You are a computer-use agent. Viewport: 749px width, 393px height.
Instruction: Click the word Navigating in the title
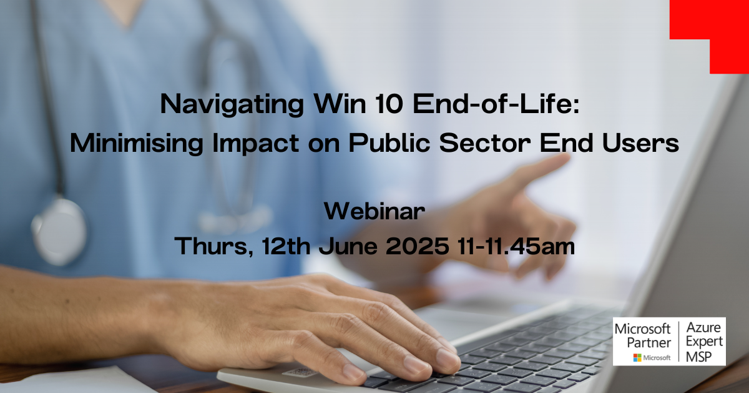click(232, 105)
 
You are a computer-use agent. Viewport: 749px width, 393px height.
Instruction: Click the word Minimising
click(137, 143)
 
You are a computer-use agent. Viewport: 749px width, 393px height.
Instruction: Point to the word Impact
click(255, 143)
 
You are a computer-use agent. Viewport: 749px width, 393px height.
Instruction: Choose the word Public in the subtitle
click(389, 142)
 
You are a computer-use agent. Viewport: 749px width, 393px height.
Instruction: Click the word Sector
click(485, 142)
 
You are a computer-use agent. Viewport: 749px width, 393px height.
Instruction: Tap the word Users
click(640, 142)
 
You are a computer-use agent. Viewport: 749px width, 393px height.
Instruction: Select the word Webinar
click(374, 212)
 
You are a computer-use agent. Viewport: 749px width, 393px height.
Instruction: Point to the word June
click(348, 246)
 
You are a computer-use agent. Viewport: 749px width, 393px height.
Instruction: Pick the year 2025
click(418, 246)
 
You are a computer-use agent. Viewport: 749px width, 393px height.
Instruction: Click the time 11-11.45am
click(516, 246)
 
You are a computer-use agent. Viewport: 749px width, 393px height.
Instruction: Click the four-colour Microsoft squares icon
click(637, 358)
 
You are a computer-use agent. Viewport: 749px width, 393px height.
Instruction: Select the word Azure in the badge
click(703, 327)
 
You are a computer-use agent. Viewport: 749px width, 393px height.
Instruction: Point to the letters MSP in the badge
click(699, 357)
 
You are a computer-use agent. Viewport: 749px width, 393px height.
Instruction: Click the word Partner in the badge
click(649, 343)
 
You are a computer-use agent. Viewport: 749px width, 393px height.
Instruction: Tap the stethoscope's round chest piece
click(59, 232)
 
